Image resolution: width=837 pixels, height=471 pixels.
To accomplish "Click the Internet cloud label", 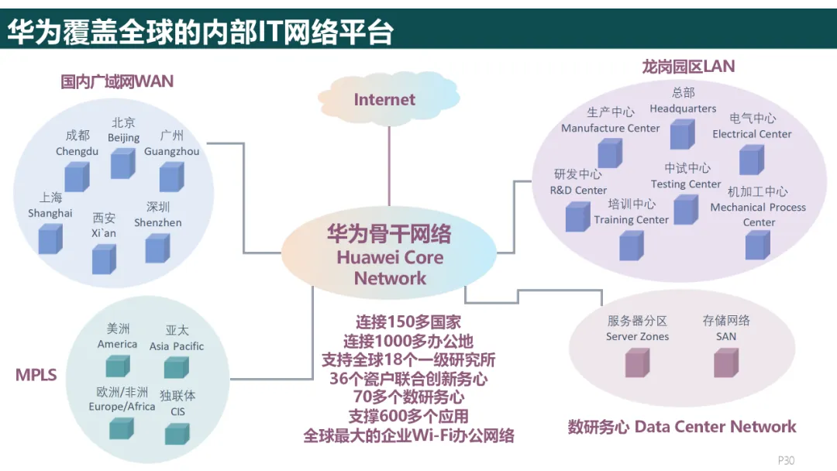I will [384, 99].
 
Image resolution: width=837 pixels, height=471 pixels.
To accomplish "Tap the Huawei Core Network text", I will [389, 257].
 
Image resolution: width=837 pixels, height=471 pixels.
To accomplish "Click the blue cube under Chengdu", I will [76, 176].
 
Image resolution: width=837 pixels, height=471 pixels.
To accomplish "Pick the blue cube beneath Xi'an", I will [104, 258].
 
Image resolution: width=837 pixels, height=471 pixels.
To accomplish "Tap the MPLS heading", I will [36, 375].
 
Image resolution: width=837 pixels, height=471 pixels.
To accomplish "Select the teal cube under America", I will [117, 365].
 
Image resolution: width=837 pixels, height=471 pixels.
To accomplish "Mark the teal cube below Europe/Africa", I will [122, 428].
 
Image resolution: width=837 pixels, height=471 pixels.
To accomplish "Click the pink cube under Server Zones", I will [637, 362].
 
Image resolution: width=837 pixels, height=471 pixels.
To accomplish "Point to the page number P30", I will [786, 460].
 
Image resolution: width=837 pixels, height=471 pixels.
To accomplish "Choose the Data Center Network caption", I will [682, 427].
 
